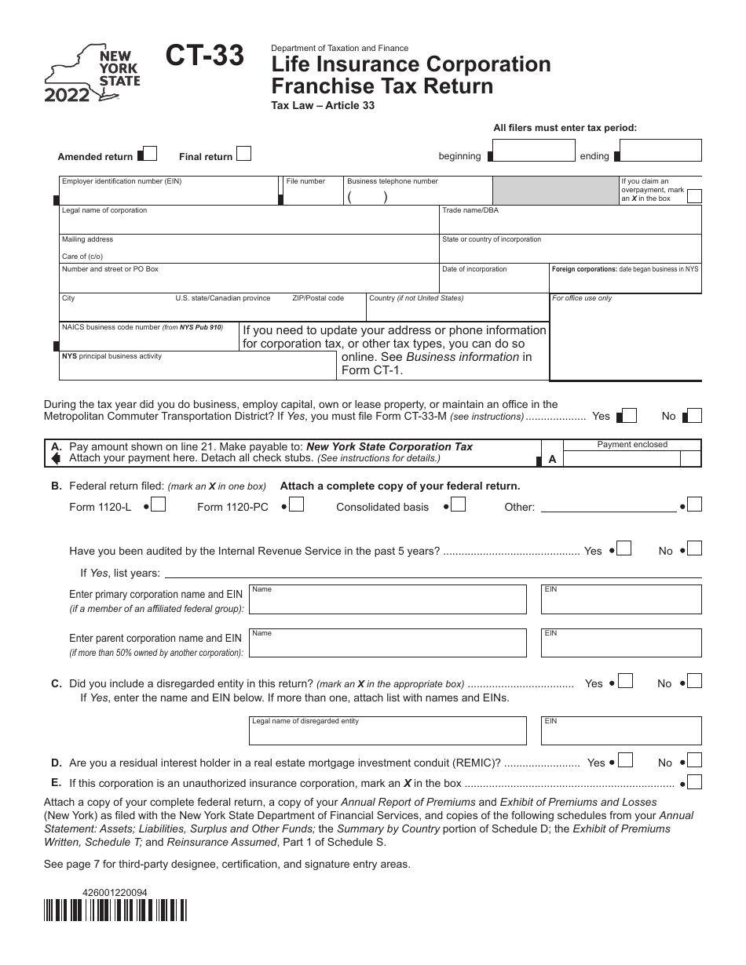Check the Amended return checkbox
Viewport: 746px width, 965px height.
pos(150,154)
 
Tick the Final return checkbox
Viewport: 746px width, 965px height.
pos(244,154)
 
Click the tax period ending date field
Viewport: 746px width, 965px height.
pos(660,151)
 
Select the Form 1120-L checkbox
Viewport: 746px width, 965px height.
pos(159,505)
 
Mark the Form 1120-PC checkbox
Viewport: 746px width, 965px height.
pos(297,505)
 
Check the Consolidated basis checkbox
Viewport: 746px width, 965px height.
pos(458,505)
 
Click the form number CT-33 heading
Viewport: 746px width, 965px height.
pos(204,56)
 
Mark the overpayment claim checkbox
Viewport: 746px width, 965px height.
pos(694,197)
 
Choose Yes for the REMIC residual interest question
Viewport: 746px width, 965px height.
pos(627,760)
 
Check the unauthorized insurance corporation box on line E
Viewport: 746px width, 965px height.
pos(694,781)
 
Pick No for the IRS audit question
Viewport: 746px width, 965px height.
pos(694,549)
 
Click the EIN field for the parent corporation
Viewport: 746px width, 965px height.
pos(621,642)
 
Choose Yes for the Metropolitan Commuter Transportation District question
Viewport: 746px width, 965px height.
pos(629,416)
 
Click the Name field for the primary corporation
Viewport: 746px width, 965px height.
pos(388,599)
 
